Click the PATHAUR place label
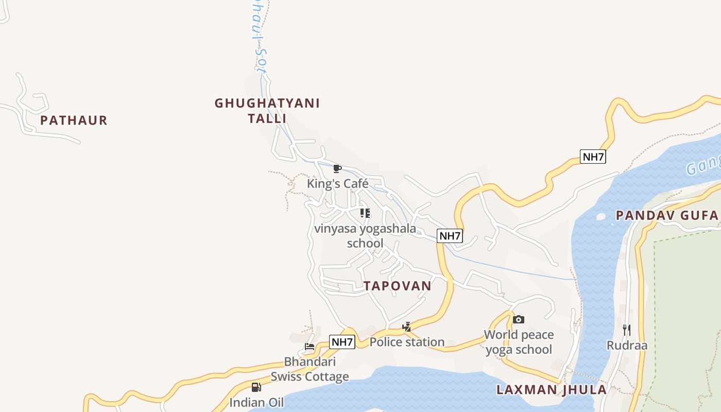pos(74,121)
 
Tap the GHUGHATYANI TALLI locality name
pos(267,111)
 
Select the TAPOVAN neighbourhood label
pos(398,286)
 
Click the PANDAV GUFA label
pos(667,215)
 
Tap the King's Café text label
pos(338,183)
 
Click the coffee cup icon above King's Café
pos(337,168)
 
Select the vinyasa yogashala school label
pos(365,236)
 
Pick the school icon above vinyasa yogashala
pos(365,213)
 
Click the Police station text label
pos(407,342)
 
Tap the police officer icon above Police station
pos(407,327)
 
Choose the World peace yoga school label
pos(519,342)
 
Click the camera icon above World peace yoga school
pos(519,320)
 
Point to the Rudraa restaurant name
pos(627,345)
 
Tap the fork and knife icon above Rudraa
pos(627,330)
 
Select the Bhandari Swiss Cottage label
pos(310,369)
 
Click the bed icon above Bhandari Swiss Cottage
pos(310,347)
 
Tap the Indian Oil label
pos(256,402)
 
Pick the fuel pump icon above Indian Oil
pos(256,387)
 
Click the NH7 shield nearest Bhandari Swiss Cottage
pos(342,341)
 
